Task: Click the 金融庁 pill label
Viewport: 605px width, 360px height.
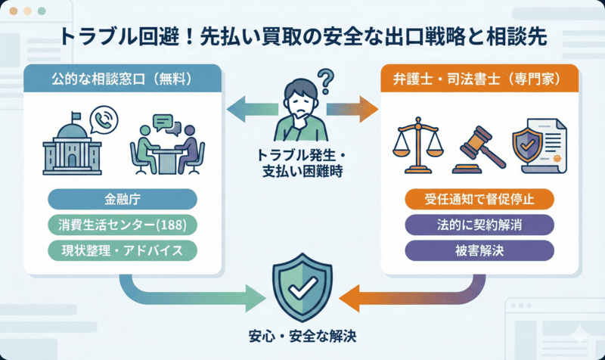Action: tap(123, 200)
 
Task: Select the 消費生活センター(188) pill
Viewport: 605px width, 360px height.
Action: tap(123, 225)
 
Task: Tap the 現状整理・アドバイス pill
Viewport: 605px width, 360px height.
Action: tap(123, 250)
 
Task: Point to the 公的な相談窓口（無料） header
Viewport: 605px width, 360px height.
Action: tap(123, 79)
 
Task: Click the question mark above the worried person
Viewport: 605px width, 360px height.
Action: tap(326, 78)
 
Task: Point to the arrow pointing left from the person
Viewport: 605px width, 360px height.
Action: tap(250, 107)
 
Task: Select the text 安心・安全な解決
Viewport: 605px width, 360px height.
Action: tap(302, 335)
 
